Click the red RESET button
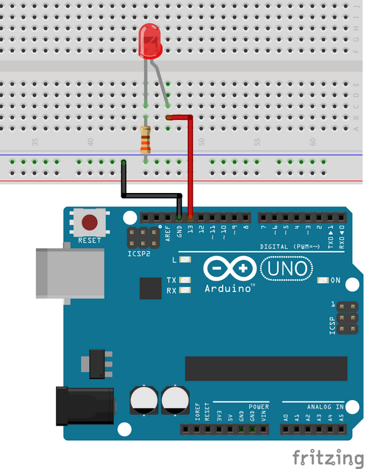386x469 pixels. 90,223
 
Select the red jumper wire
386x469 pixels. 190,167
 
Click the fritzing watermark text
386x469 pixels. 328,457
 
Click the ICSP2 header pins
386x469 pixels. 145,238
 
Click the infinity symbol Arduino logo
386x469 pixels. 230,268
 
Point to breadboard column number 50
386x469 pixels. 201,141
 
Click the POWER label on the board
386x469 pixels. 258,407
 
